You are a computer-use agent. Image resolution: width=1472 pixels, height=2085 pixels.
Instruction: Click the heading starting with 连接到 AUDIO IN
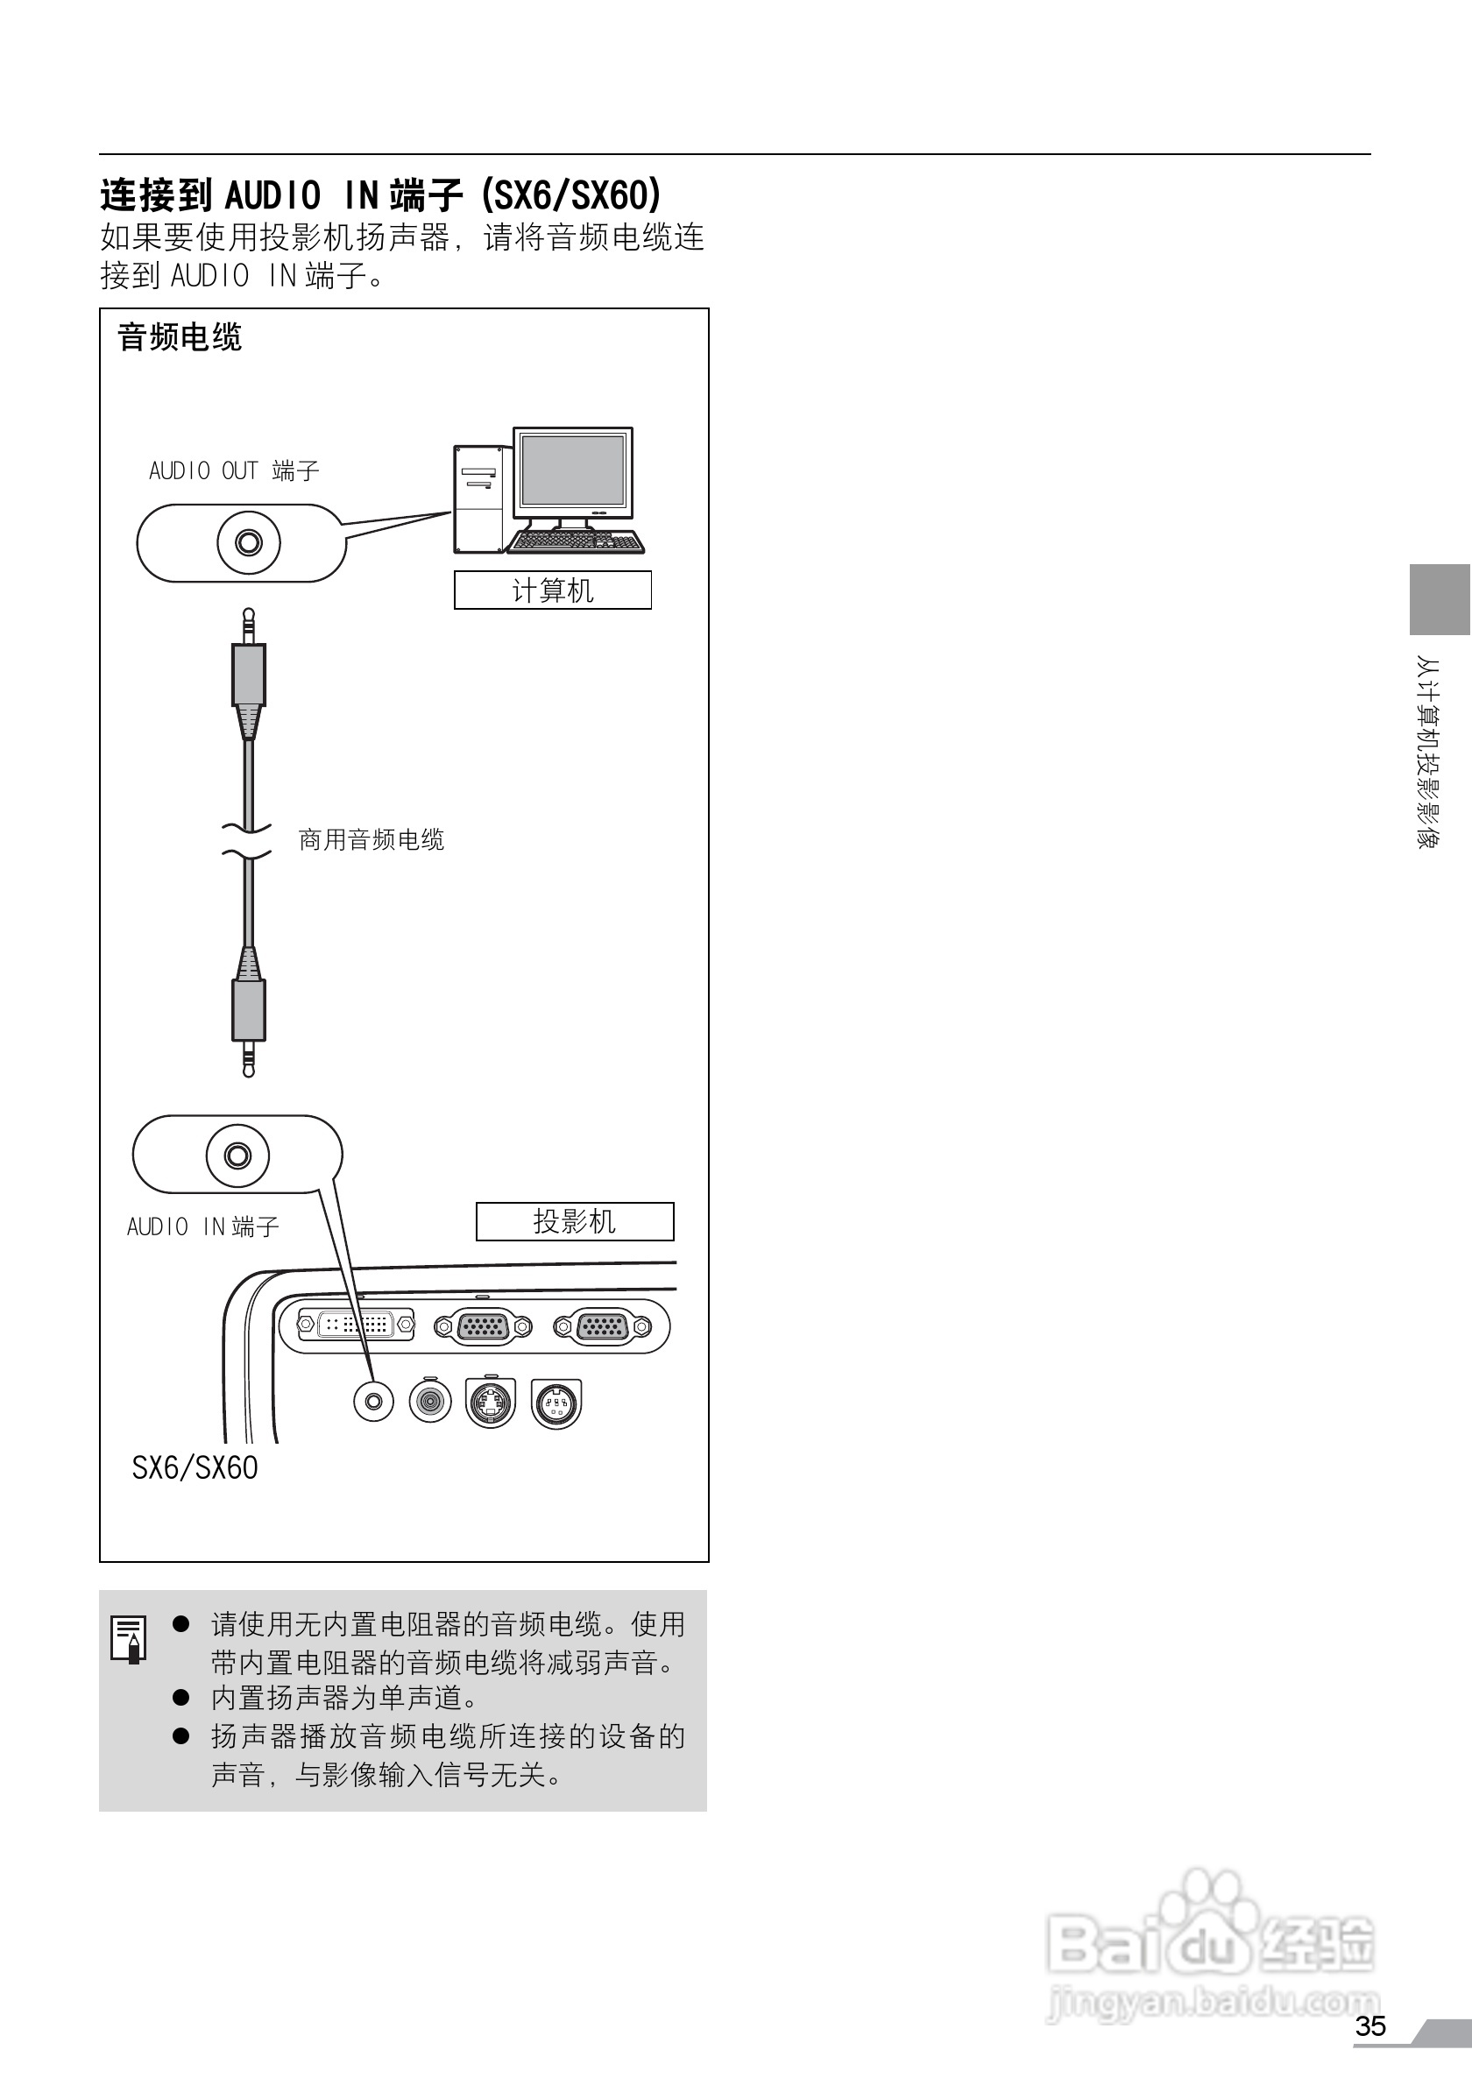coord(380,195)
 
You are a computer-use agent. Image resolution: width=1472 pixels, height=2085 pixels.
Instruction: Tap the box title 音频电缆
coord(180,338)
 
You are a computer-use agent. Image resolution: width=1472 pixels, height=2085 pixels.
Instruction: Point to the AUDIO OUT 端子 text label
coord(234,470)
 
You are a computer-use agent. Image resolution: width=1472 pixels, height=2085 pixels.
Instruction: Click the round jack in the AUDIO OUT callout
coord(248,543)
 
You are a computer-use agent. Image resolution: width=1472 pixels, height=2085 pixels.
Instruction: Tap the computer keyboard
coord(575,541)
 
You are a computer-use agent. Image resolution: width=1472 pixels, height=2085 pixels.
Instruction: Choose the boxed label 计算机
coord(552,590)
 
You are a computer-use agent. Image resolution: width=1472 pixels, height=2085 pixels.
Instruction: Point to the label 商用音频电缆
coord(372,840)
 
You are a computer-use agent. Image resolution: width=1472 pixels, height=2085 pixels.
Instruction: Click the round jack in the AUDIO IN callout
coord(238,1156)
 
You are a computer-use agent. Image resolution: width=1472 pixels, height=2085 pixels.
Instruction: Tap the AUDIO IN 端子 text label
coord(202,1226)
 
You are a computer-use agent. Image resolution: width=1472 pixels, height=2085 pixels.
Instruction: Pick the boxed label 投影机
coord(575,1221)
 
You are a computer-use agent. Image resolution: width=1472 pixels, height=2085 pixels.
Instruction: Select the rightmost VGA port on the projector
coord(602,1326)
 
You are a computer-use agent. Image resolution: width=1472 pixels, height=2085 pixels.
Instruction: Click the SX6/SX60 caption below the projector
coord(195,1467)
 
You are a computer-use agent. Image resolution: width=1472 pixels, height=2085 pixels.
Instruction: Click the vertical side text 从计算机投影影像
coord(1428,752)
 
